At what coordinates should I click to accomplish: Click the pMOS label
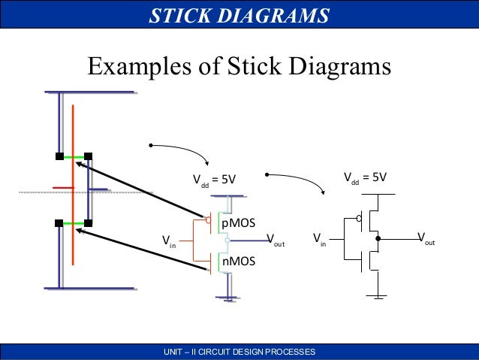(238, 223)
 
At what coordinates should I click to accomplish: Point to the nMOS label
(238, 262)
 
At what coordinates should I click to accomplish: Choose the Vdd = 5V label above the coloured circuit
(215, 180)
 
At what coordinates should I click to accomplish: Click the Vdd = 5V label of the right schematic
(365, 179)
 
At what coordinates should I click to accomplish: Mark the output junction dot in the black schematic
(378, 240)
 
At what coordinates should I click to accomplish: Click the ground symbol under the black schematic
(378, 295)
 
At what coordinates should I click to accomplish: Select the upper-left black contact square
(59, 157)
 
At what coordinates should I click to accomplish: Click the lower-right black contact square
(88, 223)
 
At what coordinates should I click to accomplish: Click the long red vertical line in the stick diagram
(74, 188)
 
